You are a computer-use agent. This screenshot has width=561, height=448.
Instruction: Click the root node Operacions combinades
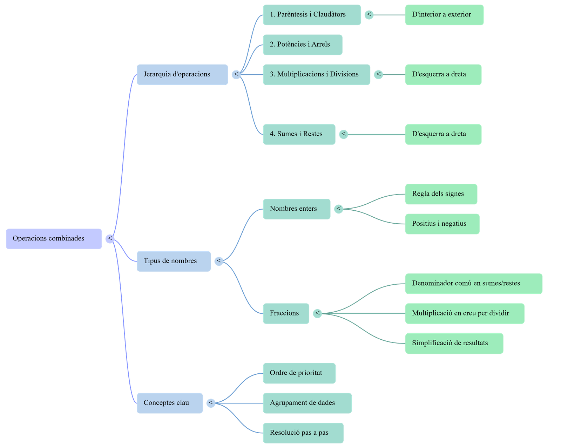(54, 239)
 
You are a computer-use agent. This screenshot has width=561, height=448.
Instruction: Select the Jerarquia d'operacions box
(182, 74)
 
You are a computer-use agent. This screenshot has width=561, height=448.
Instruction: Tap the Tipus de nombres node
(174, 261)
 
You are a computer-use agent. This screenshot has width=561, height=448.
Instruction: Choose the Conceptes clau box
(170, 403)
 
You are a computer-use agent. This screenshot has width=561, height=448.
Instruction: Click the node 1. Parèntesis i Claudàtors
(312, 15)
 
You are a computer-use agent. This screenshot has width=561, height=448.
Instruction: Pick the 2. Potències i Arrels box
(303, 45)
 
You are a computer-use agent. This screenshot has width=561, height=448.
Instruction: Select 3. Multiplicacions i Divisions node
(316, 74)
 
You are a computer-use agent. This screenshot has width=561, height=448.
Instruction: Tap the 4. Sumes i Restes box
(299, 134)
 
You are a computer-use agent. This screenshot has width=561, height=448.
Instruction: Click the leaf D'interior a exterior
(444, 15)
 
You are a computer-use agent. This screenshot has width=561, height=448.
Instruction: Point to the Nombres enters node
(296, 209)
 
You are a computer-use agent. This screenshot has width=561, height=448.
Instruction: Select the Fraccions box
(286, 313)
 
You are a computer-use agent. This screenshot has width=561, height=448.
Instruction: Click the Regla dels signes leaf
(441, 194)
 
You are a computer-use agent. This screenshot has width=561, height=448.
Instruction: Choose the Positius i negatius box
(442, 224)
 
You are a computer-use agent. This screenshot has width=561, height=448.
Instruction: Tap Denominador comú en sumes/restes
(474, 283)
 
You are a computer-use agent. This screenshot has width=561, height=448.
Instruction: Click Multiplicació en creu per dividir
(465, 313)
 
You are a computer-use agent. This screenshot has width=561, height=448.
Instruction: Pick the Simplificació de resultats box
(454, 343)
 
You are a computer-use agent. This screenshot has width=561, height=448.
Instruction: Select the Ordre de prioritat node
(299, 373)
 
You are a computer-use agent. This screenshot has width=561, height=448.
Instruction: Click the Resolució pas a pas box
(303, 433)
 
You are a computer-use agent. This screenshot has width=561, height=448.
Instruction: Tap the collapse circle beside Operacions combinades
(110, 239)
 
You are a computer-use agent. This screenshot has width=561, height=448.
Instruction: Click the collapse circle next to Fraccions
(317, 313)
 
